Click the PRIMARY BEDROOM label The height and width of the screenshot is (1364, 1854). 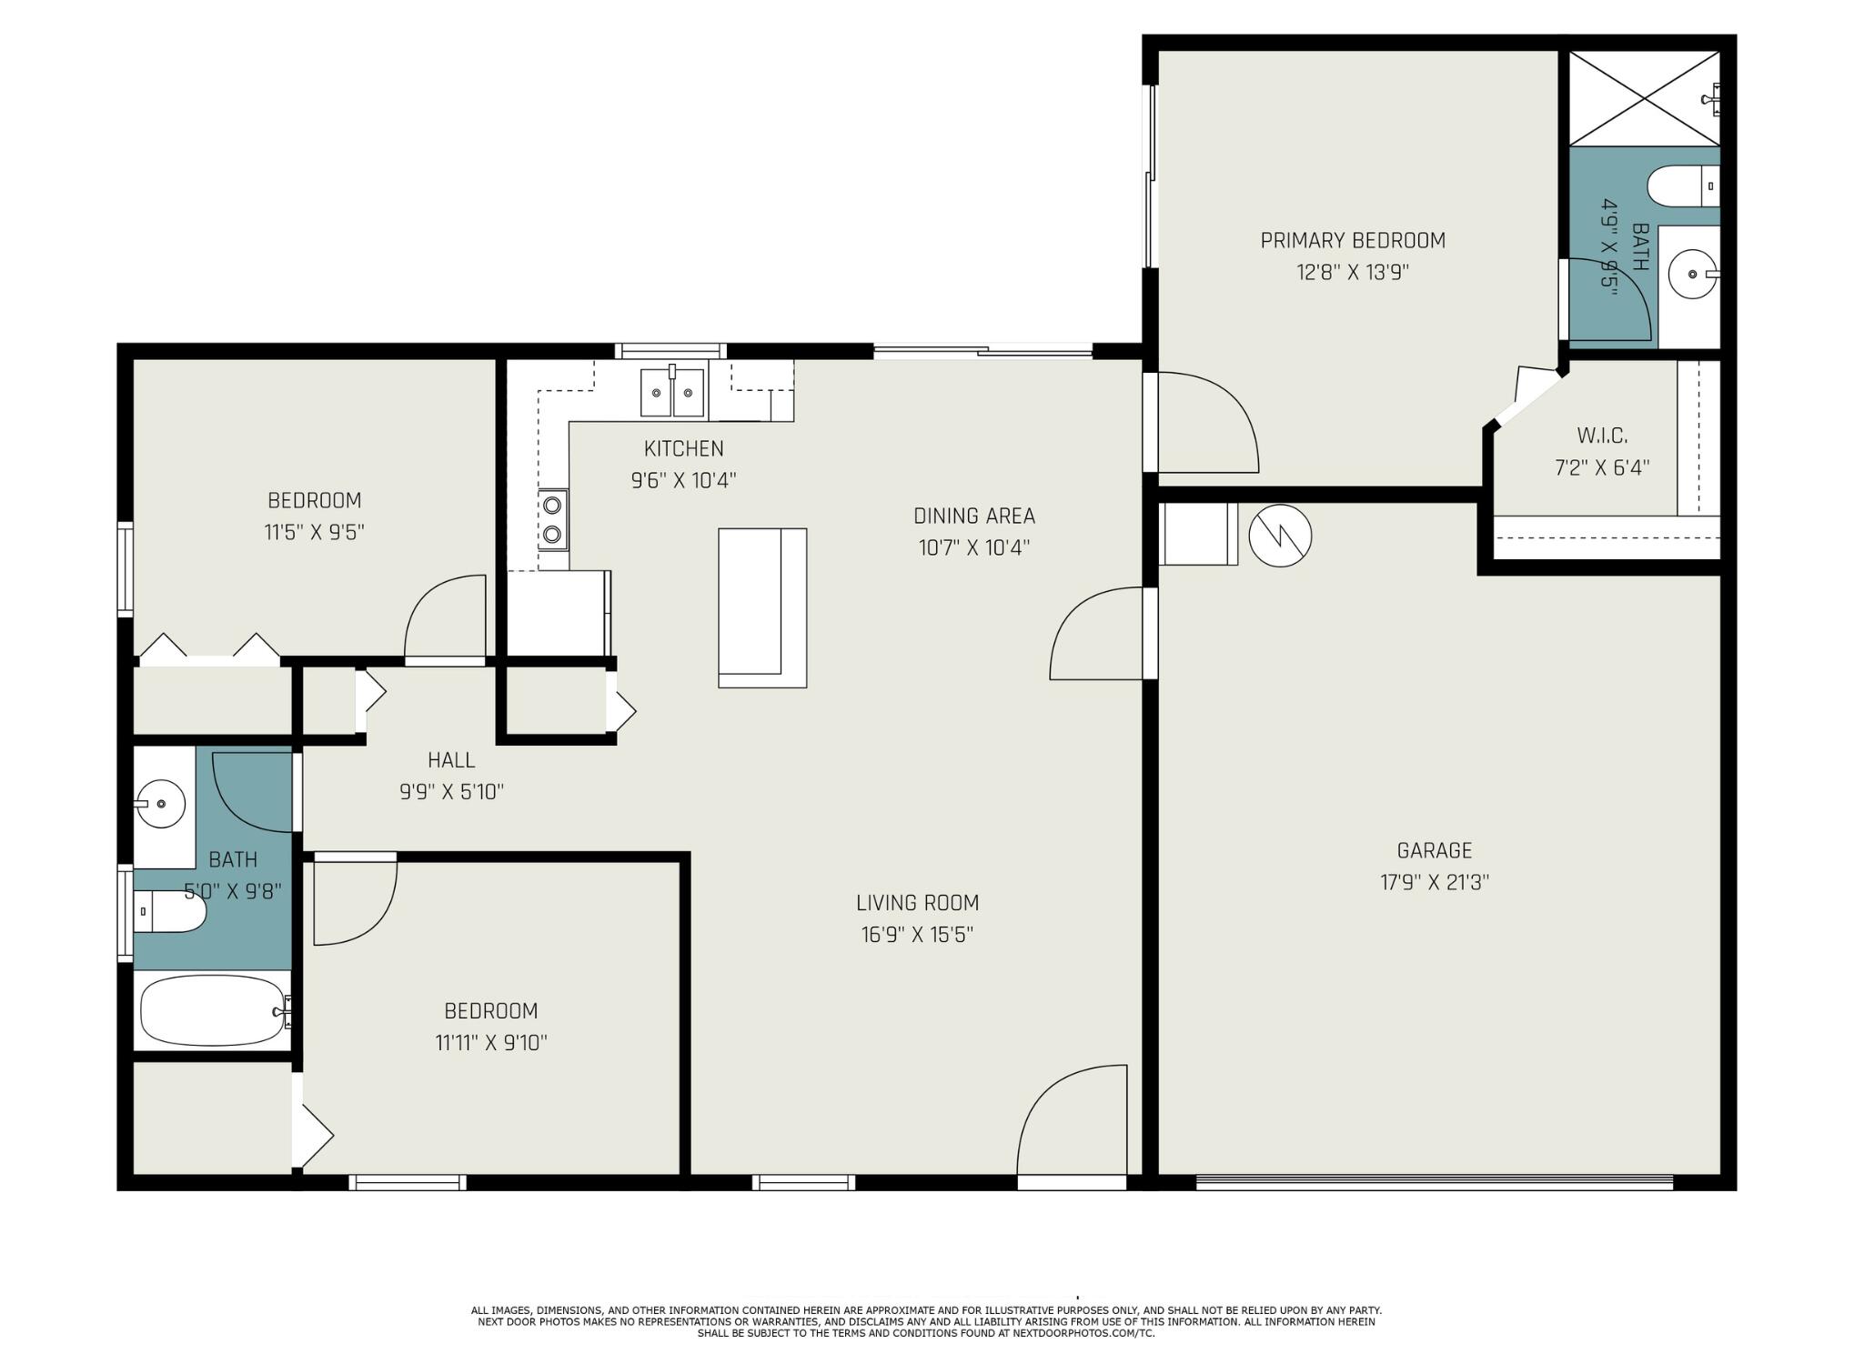click(x=1353, y=241)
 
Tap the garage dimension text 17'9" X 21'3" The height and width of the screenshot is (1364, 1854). click(x=1435, y=882)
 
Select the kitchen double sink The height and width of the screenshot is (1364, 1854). click(x=672, y=392)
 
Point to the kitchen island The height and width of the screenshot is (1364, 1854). click(x=762, y=607)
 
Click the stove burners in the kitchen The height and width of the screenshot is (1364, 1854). click(x=552, y=520)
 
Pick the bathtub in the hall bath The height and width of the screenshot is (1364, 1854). click(x=215, y=1010)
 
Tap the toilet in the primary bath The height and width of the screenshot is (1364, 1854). click(x=1683, y=186)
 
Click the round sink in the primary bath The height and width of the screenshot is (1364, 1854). click(x=1693, y=273)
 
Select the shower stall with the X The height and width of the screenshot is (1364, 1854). click(x=1645, y=97)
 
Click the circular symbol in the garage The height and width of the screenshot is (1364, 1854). click(x=1280, y=537)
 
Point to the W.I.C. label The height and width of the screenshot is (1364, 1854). click(x=1602, y=436)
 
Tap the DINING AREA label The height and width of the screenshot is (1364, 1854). click(x=974, y=517)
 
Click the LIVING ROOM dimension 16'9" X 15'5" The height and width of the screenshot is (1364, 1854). click(x=918, y=935)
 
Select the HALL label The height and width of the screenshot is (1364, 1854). click(x=451, y=760)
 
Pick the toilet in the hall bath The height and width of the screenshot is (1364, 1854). click(x=170, y=911)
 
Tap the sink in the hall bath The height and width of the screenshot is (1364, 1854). click(x=161, y=804)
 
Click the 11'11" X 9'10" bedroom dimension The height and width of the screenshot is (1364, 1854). click(x=491, y=1043)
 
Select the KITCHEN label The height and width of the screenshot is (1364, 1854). click(x=684, y=449)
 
